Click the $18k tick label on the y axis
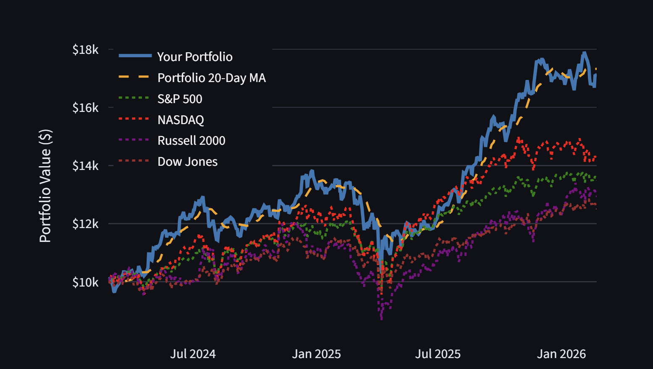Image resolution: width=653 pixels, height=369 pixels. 85,50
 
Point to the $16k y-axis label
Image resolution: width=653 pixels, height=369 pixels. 85,108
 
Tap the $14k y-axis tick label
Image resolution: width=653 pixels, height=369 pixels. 85,166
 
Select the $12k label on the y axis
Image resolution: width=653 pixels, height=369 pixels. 85,224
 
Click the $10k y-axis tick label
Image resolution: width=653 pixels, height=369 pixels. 85,282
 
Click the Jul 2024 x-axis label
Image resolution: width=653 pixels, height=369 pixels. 193,354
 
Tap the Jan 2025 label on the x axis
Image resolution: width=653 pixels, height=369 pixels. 316,354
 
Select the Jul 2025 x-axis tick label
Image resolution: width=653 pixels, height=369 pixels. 438,354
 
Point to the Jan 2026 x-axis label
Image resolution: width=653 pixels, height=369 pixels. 561,354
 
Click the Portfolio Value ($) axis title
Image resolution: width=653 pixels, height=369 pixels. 45,186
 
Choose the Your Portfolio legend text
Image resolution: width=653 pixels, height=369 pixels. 195,57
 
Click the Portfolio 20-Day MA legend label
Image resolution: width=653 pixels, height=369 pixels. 211,78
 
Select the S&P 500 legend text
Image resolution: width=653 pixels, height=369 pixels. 180,99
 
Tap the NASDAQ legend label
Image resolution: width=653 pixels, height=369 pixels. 181,120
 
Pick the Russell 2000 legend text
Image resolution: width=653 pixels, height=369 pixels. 191,141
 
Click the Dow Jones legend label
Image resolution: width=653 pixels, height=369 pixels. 187,162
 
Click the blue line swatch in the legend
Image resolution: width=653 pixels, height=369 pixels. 135,56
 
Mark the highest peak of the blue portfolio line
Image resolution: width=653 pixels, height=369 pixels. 584,53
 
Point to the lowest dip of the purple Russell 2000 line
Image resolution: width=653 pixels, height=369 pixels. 382,319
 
